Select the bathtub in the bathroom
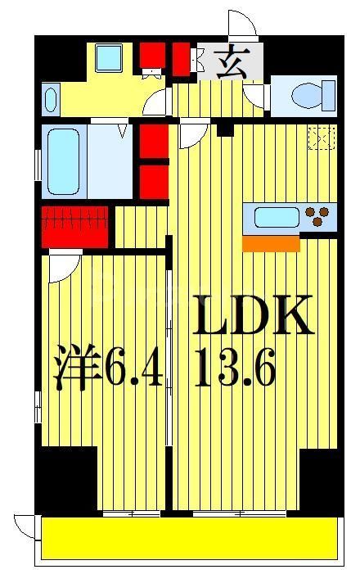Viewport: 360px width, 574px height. click(61, 160)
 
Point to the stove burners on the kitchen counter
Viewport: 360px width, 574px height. click(320, 217)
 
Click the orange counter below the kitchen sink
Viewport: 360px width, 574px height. click(272, 243)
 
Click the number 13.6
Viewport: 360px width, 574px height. click(236, 371)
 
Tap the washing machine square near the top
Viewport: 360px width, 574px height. click(106, 57)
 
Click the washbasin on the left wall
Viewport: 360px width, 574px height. click(49, 100)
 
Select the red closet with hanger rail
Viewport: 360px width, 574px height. click(75, 226)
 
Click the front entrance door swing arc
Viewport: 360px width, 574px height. click(244, 25)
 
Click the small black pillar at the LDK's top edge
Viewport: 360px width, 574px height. click(225, 129)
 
